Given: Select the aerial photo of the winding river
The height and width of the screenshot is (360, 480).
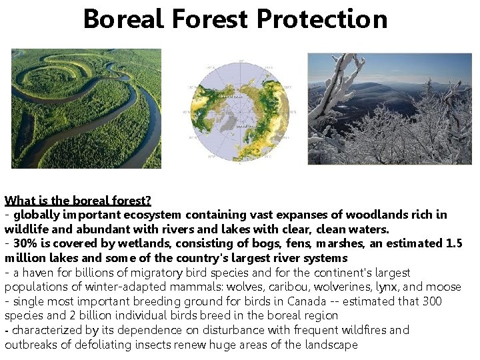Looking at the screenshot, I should pyautogui.click(x=86, y=109).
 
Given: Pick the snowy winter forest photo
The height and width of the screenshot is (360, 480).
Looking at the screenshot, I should pyautogui.click(x=389, y=109).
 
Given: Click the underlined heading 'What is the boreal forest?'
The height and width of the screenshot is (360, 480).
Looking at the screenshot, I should pyautogui.click(x=78, y=201).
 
